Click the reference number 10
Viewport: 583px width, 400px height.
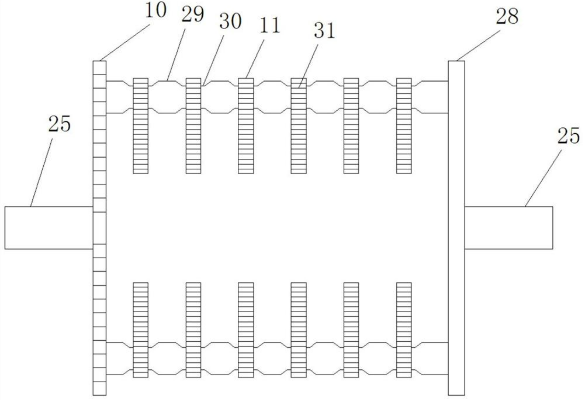pyautogui.click(x=155, y=10)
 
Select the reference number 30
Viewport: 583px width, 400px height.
pyautogui.click(x=230, y=21)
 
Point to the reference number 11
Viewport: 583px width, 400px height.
pyautogui.click(x=269, y=25)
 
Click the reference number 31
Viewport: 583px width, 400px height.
pyautogui.click(x=324, y=31)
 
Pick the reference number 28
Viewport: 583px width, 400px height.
pyautogui.click(x=507, y=16)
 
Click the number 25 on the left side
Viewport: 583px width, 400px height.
pyautogui.click(x=59, y=124)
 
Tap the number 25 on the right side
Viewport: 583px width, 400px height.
pyautogui.click(x=568, y=136)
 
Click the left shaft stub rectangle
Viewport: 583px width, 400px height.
pyautogui.click(x=49, y=228)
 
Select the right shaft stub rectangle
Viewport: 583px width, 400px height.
pyautogui.click(x=508, y=228)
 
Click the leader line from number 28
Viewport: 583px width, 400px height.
pyautogui.click(x=479, y=45)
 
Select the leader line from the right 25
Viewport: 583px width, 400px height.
pyautogui.click(x=543, y=179)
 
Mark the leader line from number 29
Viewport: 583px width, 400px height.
pyautogui.click(x=176, y=54)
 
